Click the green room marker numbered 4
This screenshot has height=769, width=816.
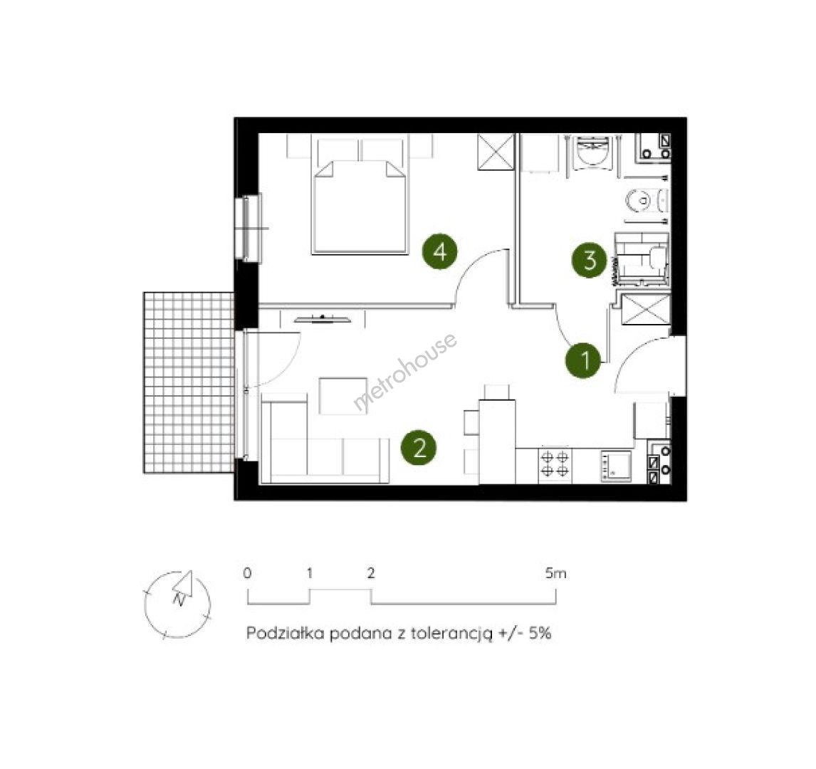[x=440, y=252]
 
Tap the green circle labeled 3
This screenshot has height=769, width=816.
[x=590, y=260]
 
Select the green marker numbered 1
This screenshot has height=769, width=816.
[x=584, y=360]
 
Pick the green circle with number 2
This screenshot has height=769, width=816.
[x=419, y=447]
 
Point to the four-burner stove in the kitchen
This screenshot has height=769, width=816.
[x=554, y=464]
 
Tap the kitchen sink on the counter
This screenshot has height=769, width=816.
[x=617, y=465]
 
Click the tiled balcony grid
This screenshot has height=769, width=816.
[x=189, y=382]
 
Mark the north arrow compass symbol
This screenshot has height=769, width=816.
[x=177, y=604]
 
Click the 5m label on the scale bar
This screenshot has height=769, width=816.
[x=556, y=573]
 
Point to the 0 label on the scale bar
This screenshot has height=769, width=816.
[x=247, y=573]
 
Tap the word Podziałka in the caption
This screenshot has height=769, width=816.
[x=286, y=633]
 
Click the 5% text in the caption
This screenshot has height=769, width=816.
[x=540, y=633]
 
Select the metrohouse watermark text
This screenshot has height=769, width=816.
[x=406, y=371]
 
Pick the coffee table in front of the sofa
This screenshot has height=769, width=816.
[x=343, y=396]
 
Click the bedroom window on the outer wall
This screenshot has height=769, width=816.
[x=249, y=227]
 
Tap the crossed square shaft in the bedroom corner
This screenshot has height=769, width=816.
[x=496, y=151]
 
